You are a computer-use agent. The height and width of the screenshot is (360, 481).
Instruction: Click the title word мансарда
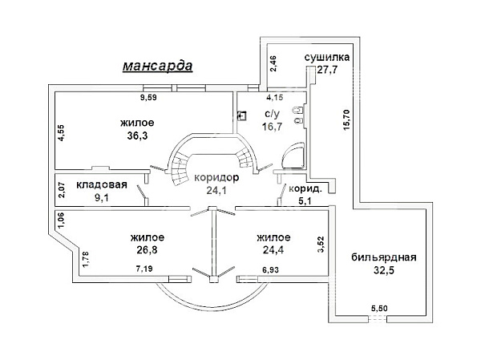tap(157, 66)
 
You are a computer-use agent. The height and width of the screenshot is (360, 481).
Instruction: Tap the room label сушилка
tap(327, 58)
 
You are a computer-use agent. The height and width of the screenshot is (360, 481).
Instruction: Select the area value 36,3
tap(137, 136)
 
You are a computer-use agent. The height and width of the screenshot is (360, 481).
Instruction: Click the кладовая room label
tap(102, 184)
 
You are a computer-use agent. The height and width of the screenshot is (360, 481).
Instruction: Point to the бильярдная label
tap(384, 257)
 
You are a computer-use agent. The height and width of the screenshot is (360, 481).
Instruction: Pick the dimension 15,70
tap(346, 120)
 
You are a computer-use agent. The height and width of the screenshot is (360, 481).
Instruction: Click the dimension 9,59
tap(148, 98)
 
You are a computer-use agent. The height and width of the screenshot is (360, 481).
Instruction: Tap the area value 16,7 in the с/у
tap(272, 127)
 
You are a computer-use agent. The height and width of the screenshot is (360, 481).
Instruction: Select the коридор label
tap(216, 178)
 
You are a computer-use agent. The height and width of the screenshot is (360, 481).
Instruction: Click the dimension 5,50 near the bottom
tap(379, 309)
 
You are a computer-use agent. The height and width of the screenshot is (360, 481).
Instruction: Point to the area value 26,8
tap(148, 250)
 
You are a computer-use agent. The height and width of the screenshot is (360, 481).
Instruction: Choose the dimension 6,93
tap(271, 270)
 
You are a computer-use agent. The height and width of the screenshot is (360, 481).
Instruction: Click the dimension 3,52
tap(321, 245)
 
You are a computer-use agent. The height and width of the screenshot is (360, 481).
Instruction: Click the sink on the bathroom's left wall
tap(242, 115)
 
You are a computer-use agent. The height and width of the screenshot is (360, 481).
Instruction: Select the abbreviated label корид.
tap(305, 188)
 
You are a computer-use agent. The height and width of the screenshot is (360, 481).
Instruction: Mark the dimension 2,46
tap(273, 63)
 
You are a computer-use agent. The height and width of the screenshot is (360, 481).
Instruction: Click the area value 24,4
tap(273, 250)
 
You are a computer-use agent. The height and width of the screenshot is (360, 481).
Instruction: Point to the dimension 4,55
tap(61, 132)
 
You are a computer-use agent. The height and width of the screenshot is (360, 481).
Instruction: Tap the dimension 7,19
tap(144, 269)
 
